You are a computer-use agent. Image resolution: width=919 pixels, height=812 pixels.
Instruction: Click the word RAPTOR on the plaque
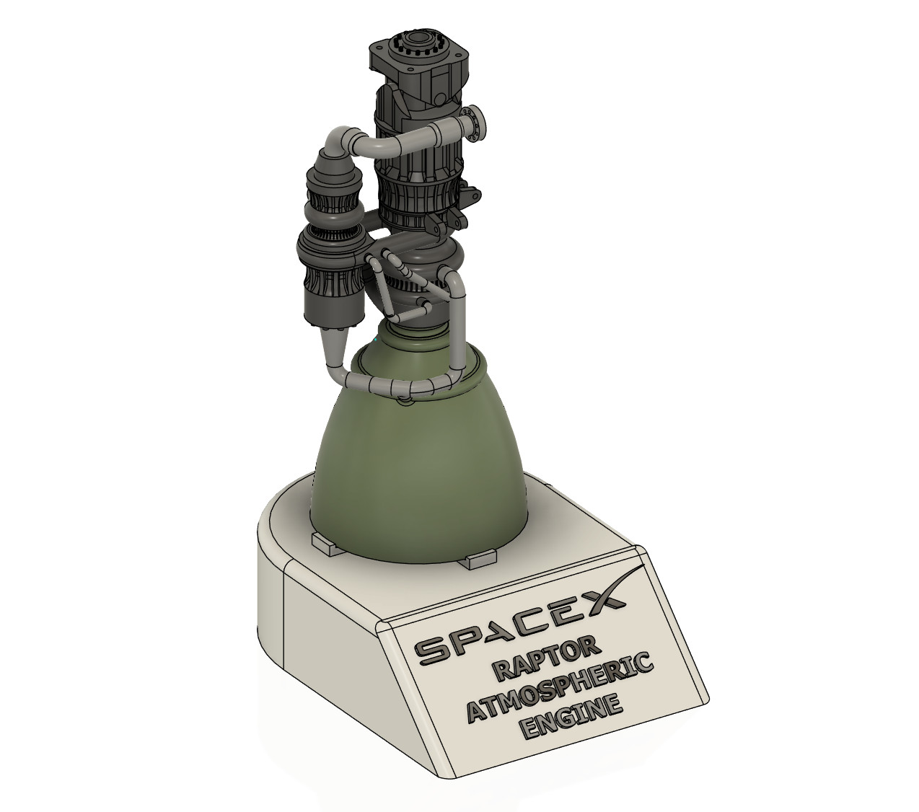[x=545, y=656]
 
